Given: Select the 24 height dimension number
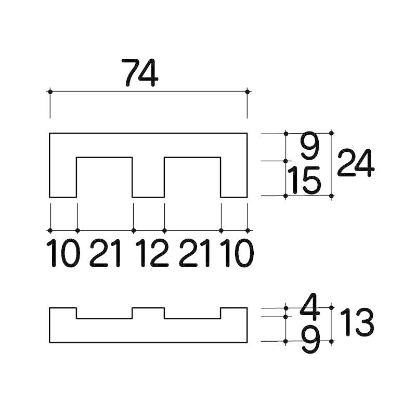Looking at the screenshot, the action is click(x=356, y=163).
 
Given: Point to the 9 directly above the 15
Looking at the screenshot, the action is click(x=309, y=147).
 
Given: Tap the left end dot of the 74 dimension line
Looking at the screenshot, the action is click(x=50, y=92).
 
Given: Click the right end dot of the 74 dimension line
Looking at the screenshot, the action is click(x=247, y=92).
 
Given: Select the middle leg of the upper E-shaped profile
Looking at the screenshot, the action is click(x=148, y=177).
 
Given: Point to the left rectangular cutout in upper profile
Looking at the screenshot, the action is click(x=105, y=177).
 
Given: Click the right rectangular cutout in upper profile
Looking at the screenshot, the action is click(x=192, y=177).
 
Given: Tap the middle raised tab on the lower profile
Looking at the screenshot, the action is click(x=148, y=313).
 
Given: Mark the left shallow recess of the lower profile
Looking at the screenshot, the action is click(x=105, y=315).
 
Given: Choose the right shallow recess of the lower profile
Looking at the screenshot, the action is click(x=192, y=315).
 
